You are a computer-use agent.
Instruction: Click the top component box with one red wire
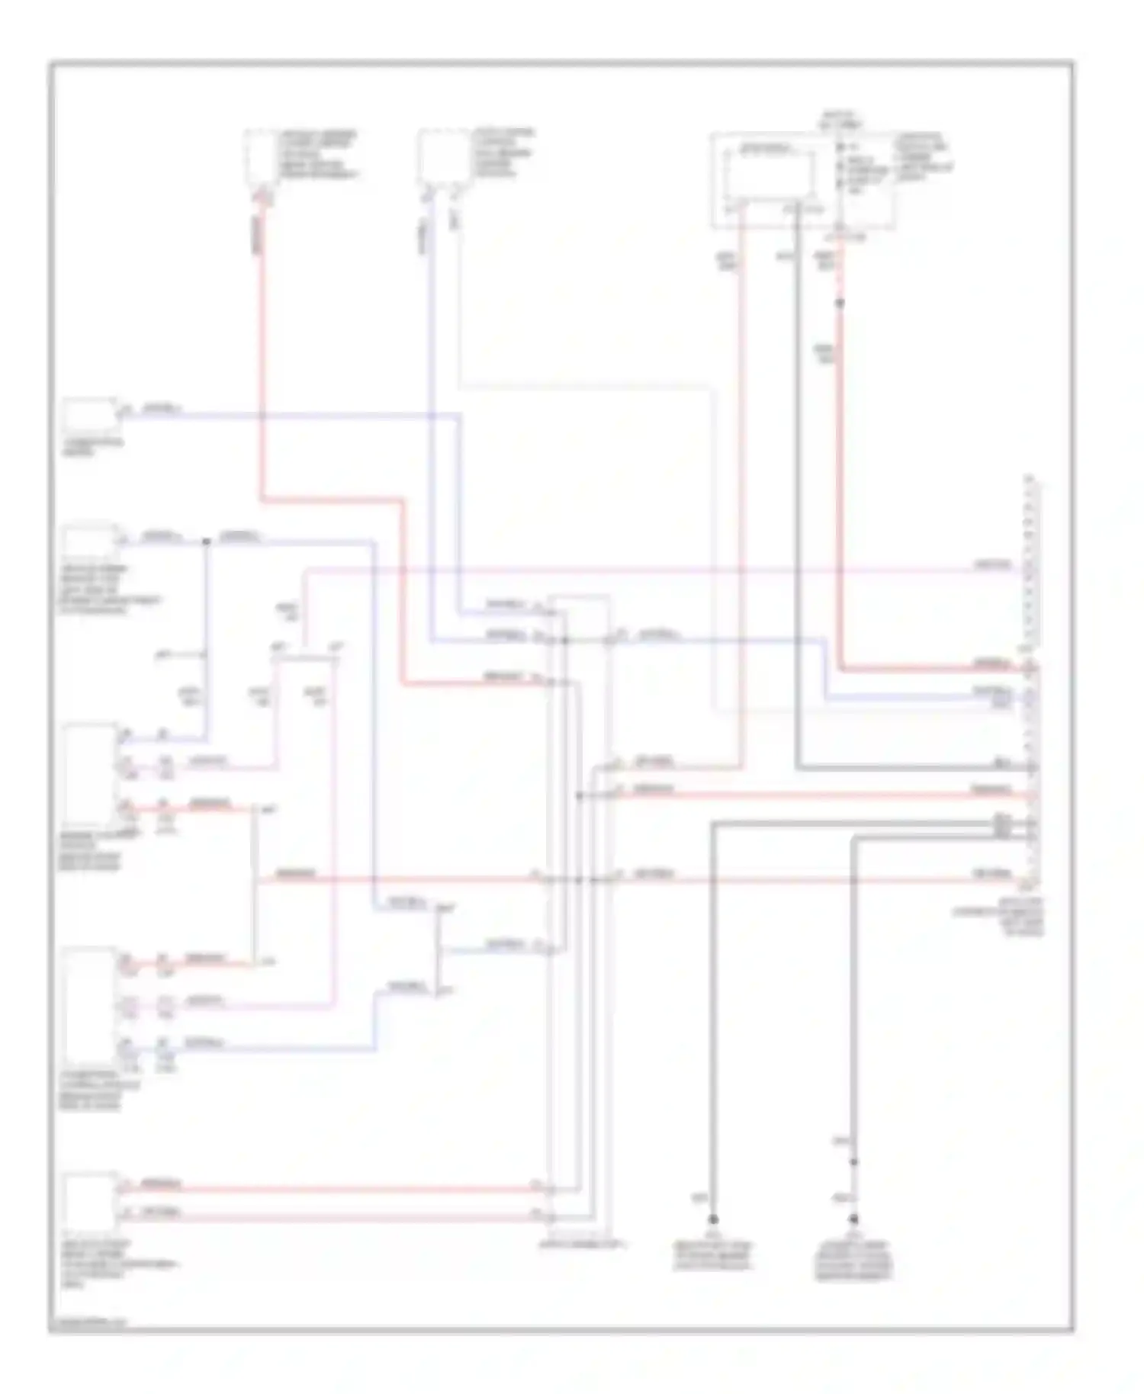pyautogui.click(x=259, y=157)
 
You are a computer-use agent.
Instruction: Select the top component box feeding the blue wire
pyautogui.click(x=442, y=157)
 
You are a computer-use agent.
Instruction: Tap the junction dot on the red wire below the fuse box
pyautogui.click(x=840, y=304)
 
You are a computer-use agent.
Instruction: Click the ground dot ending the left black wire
pyautogui.click(x=713, y=1219)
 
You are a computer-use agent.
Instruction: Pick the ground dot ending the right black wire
pyautogui.click(x=853, y=1219)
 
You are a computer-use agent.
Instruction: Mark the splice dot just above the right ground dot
pyautogui.click(x=853, y=1162)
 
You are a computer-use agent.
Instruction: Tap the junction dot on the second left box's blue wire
pyautogui.click(x=206, y=542)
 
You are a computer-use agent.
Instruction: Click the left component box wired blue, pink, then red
pyautogui.click(x=90, y=774)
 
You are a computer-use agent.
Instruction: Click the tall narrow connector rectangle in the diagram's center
pyautogui.click(x=580, y=915)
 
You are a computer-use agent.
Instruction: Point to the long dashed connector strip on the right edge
pyautogui.click(x=1031, y=683)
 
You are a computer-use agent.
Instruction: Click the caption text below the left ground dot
pyautogui.click(x=712, y=1255)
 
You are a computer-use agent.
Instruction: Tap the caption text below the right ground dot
pyautogui.click(x=853, y=1261)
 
